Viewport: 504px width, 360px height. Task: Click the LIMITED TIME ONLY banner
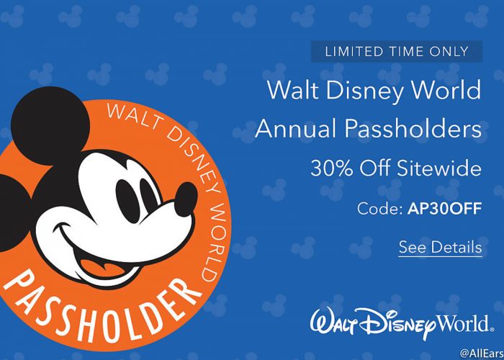coord(397,51)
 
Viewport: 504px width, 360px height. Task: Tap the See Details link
coord(440,247)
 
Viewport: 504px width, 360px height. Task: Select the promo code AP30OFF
coord(444,209)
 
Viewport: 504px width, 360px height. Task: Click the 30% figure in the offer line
coord(332,168)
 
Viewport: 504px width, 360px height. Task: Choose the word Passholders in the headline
coord(413,129)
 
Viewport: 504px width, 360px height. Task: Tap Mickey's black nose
coord(186,199)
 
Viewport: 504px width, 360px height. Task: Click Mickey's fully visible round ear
coord(50,126)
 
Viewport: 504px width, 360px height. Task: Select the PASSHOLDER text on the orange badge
coord(99,309)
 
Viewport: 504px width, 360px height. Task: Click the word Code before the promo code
coord(379,209)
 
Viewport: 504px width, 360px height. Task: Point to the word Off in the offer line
coord(375,168)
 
